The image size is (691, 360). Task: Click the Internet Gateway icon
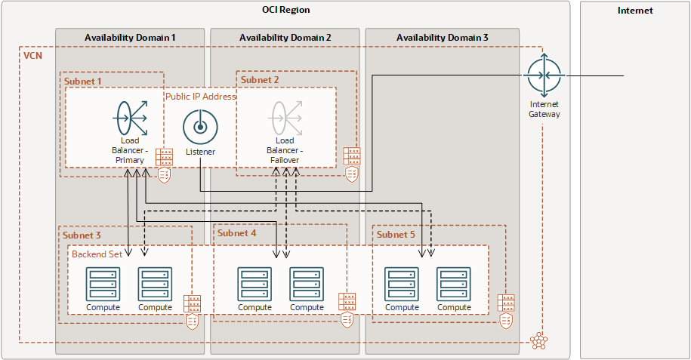click(x=544, y=76)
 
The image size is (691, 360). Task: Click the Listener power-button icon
click(x=200, y=127)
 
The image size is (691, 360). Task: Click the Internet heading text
click(x=634, y=11)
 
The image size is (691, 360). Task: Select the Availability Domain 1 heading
click(x=130, y=37)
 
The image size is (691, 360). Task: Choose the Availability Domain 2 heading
click(x=285, y=37)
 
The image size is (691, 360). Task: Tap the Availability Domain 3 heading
click(x=442, y=37)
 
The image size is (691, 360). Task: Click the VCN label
click(x=32, y=56)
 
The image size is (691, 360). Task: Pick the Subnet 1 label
click(x=83, y=80)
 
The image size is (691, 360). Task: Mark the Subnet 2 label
click(x=260, y=80)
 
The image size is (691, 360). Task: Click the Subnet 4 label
click(x=237, y=233)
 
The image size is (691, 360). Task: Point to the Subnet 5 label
click(x=396, y=235)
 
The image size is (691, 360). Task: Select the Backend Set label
click(x=97, y=254)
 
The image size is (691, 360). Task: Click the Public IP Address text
click(x=200, y=97)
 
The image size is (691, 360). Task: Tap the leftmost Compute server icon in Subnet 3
click(x=103, y=284)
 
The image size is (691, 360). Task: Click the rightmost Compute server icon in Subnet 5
click(x=454, y=284)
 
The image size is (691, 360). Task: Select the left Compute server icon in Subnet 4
click(x=255, y=284)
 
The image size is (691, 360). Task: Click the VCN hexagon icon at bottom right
click(x=538, y=340)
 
